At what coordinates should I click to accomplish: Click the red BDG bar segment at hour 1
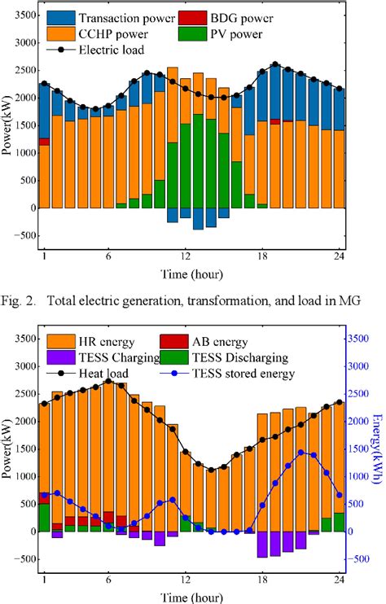pos(44,142)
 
